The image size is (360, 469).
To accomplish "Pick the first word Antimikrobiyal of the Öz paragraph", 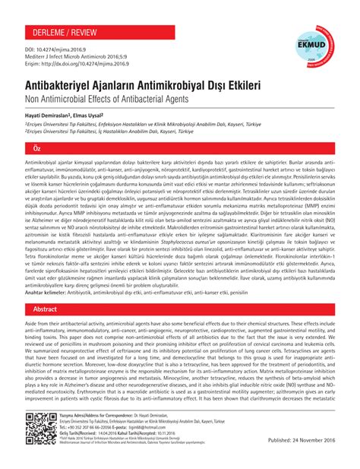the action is (x=45, y=163).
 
